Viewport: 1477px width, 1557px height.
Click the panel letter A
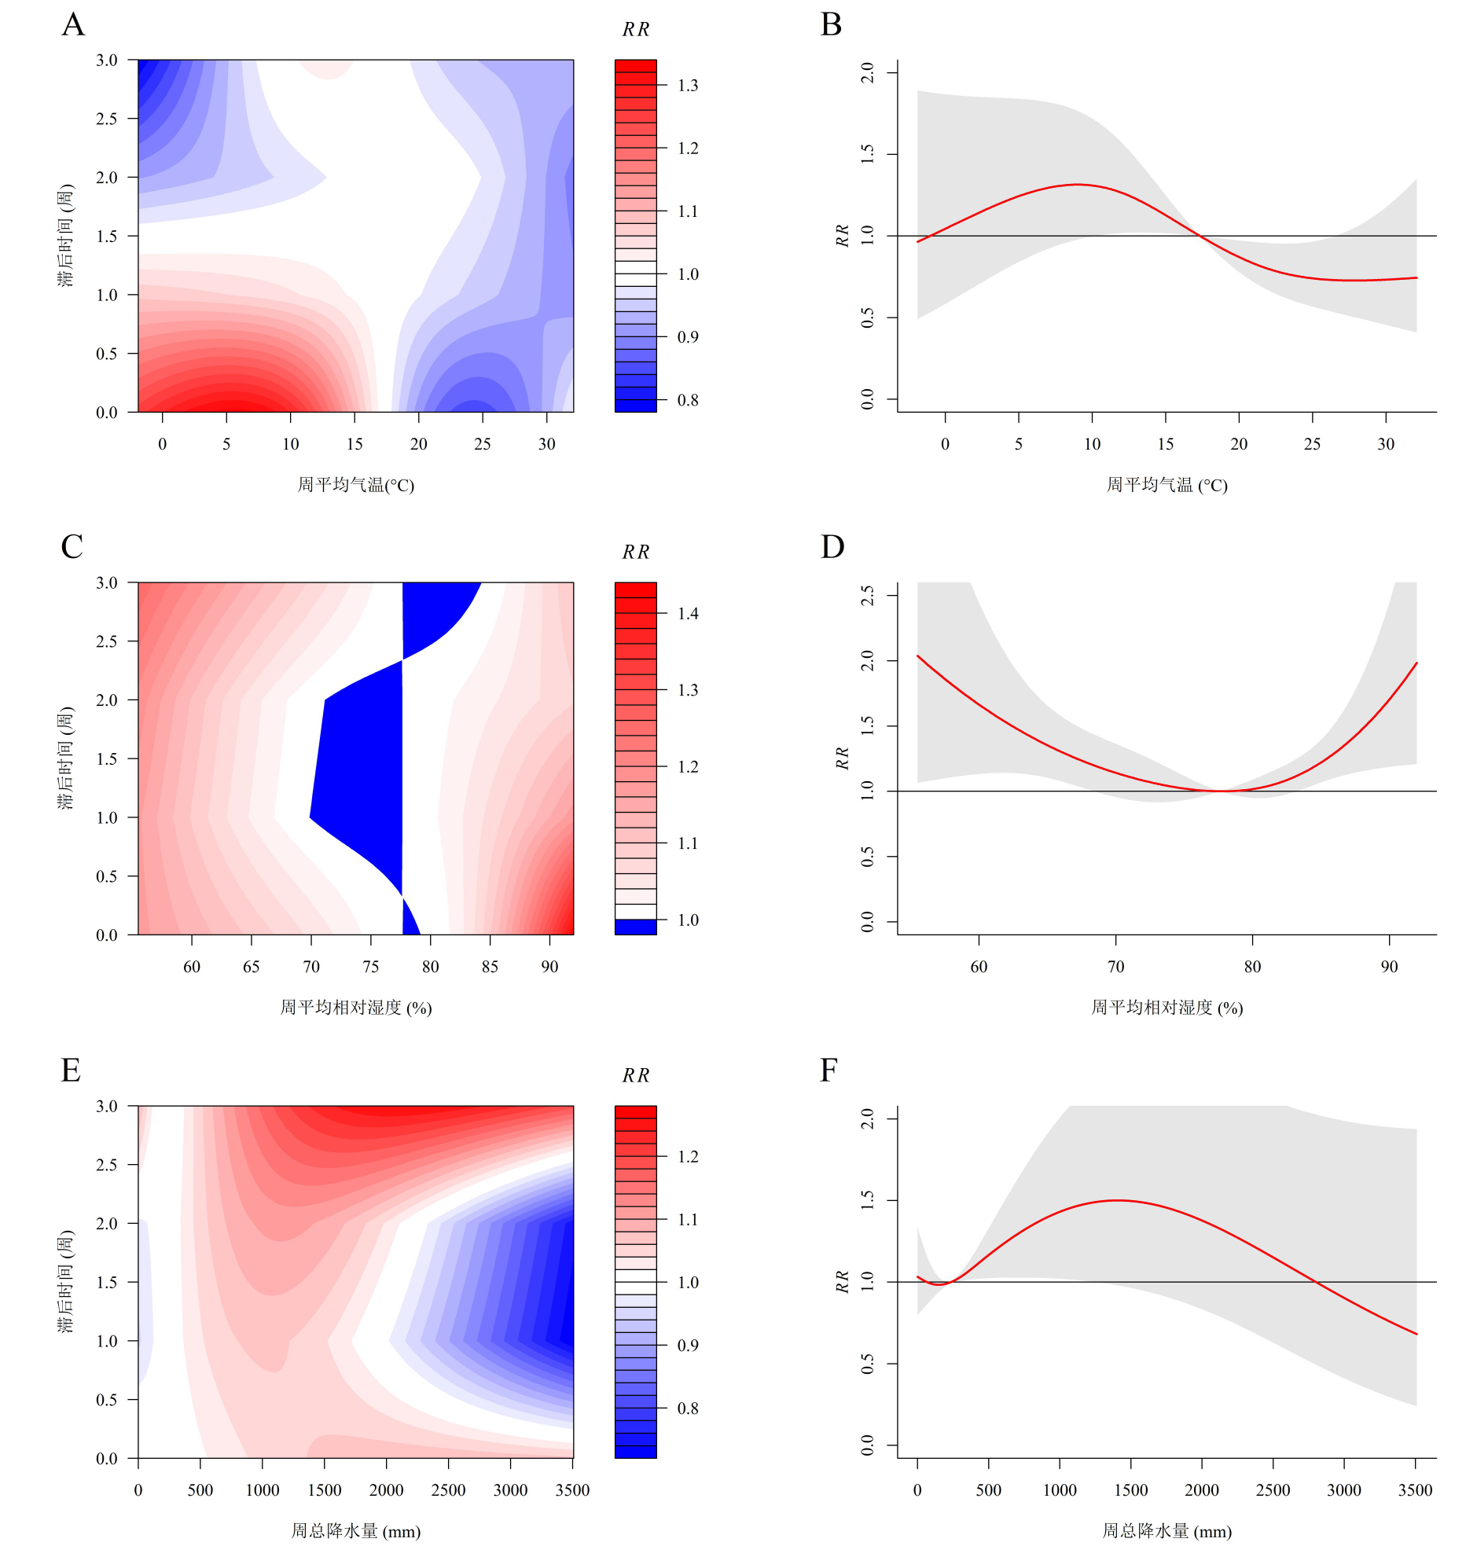[x=73, y=25]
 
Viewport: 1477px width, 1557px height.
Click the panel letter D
[x=832, y=547]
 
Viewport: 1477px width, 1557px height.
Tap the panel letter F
[x=829, y=1070]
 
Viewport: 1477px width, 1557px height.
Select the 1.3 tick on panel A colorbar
[x=687, y=85]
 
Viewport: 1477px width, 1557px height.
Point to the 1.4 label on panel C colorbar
[x=687, y=614]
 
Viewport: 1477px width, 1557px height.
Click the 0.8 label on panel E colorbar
[x=687, y=1408]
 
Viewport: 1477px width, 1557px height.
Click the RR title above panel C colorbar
[x=635, y=553]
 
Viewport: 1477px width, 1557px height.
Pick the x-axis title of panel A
[x=356, y=485]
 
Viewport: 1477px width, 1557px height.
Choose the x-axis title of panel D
[x=1167, y=1008]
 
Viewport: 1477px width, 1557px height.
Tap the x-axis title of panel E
[x=356, y=1531]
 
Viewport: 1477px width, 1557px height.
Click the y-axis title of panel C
[x=65, y=758]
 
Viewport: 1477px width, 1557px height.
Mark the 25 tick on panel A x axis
[x=483, y=444]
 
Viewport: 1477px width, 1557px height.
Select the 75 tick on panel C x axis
[x=371, y=967]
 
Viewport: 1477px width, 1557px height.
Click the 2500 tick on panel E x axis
[x=449, y=1490]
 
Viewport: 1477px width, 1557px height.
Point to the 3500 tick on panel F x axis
[x=1415, y=1490]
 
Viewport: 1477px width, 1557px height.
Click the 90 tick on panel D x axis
[x=1390, y=967]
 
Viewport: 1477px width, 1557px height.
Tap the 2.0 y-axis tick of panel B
[x=868, y=72]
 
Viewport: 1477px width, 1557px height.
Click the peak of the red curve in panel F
[x=1118, y=1200]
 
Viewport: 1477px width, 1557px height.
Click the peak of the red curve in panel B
[x=1077, y=184]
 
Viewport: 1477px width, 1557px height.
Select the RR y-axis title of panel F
[x=843, y=1281]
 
